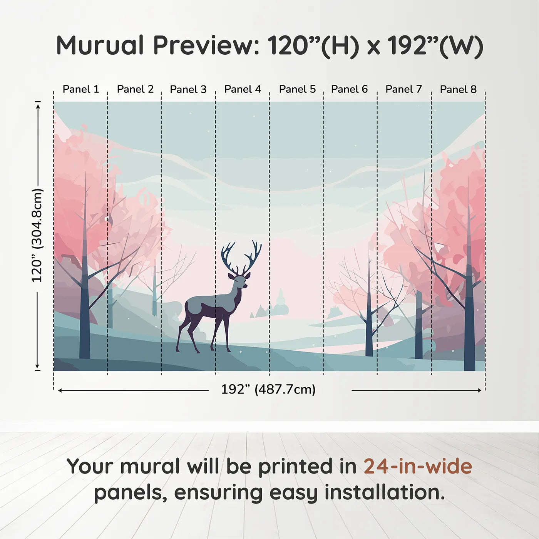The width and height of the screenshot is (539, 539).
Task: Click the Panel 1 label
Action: click(81, 89)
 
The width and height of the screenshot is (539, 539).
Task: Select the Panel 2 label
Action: click(135, 89)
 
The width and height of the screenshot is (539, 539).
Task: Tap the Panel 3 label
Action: click(188, 89)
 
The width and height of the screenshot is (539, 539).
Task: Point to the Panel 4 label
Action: click(243, 89)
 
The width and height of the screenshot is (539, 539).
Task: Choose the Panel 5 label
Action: click(297, 89)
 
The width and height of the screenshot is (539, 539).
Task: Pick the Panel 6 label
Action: click(349, 89)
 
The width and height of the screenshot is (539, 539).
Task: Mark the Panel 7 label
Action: click(404, 89)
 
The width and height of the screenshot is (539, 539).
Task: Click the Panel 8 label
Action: click(458, 89)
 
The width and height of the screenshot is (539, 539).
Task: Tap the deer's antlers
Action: click(241, 256)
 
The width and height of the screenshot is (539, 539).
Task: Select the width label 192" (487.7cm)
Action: click(268, 390)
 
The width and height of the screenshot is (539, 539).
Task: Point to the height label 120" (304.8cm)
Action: click(37, 235)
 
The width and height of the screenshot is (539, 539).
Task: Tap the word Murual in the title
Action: click(100, 45)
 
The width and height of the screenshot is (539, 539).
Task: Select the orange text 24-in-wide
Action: click(418, 466)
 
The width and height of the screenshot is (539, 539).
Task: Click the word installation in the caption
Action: click(384, 492)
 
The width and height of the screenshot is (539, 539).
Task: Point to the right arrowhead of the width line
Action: click(479, 390)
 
